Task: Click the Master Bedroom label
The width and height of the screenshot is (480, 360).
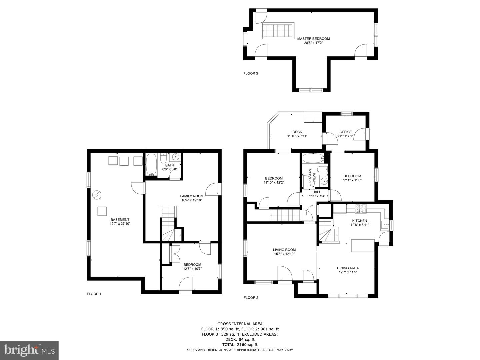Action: pos(313,39)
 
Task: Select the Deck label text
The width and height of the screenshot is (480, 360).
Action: pos(297,132)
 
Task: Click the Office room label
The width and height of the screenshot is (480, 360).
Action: pos(346,132)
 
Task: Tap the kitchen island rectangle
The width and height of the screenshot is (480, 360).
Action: pos(363,245)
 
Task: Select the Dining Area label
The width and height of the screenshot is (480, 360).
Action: pos(348,268)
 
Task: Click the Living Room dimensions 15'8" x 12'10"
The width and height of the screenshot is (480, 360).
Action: pos(284,254)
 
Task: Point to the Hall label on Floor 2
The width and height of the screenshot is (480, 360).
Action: pos(317,192)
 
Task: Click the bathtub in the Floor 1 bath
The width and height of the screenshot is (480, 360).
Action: pos(151,165)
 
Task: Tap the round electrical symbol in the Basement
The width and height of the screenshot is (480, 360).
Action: pos(97,195)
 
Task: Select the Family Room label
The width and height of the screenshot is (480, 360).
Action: pos(192,196)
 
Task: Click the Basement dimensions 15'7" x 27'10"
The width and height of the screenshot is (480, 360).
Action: pos(120,224)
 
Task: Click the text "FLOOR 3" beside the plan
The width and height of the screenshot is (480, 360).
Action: pos(251,73)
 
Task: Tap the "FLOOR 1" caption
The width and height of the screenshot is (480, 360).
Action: pos(94,294)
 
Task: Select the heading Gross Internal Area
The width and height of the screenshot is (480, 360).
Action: pos(240,324)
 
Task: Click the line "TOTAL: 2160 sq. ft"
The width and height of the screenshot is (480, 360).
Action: pos(240,344)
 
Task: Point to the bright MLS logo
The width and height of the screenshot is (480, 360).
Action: pos(29,350)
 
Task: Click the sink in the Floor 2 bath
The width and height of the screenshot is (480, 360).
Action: pos(324,181)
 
